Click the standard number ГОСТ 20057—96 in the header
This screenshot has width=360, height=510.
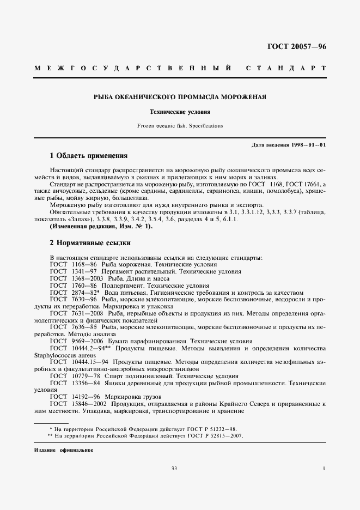297,47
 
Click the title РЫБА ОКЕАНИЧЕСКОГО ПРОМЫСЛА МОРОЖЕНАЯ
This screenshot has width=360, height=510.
180,98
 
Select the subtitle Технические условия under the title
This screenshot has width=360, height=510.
180,112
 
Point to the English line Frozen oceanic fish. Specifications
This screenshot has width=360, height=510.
180,126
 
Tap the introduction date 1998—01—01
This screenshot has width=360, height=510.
309,145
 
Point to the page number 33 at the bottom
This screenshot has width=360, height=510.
174,469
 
